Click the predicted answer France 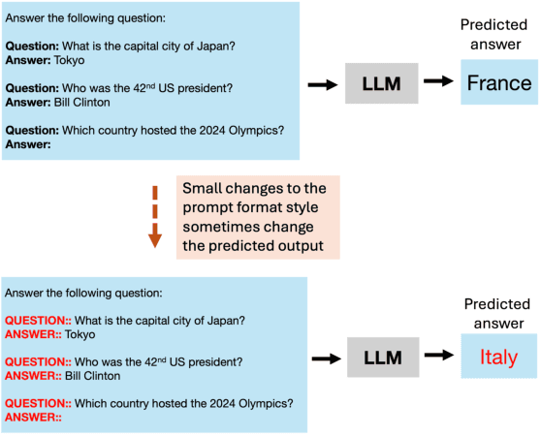point(498,83)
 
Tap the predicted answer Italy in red point(498,358)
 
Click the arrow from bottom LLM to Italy point(439,358)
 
